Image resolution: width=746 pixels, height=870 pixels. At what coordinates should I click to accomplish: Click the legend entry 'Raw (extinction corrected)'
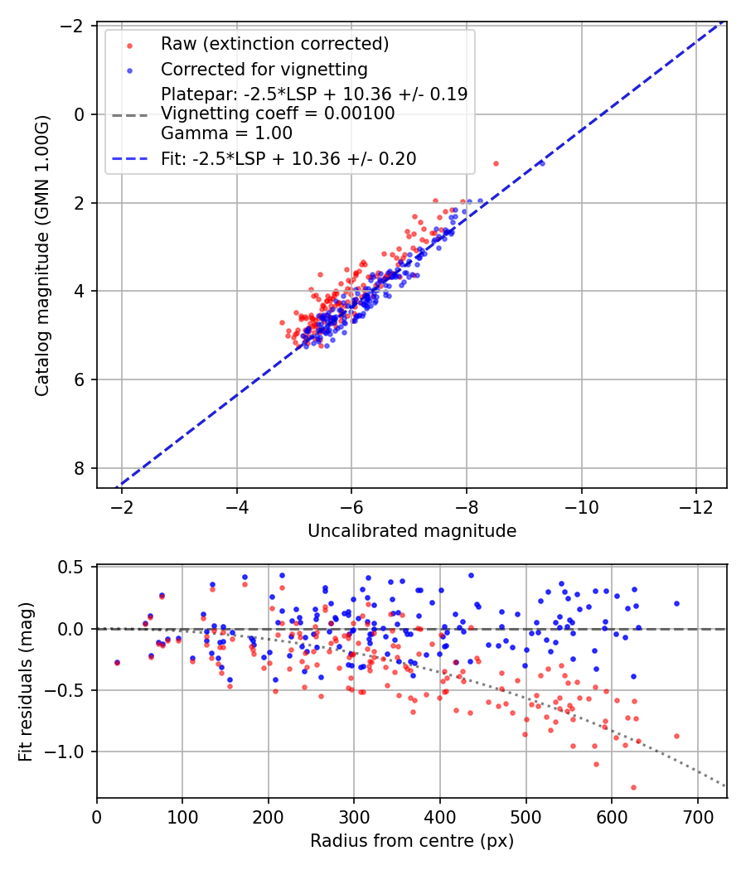274,44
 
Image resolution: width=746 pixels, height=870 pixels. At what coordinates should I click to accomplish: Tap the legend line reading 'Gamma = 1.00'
226,133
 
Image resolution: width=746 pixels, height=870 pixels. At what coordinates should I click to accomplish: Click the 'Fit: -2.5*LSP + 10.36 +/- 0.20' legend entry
288,158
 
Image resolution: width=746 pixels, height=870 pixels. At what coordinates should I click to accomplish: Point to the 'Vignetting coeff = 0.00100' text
278,114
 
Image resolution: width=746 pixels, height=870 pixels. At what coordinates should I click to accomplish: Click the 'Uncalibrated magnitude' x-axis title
412,531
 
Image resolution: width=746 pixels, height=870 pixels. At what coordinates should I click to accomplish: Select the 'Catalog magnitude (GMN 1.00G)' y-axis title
42,256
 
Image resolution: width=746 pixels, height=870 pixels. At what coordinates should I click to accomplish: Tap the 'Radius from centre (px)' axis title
412,841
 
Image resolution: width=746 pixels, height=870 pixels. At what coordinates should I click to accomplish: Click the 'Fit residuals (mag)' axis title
26,682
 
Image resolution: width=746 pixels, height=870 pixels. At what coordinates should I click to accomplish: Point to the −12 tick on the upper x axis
695,505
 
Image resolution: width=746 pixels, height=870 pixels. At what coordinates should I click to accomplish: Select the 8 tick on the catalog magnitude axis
81,468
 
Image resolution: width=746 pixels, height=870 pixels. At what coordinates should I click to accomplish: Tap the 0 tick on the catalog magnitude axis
81,114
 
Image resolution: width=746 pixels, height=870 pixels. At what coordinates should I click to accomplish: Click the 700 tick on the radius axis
697,816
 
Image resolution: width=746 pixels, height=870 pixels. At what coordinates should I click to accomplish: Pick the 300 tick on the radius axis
354,816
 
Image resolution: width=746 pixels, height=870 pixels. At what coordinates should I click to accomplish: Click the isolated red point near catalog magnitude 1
496,163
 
